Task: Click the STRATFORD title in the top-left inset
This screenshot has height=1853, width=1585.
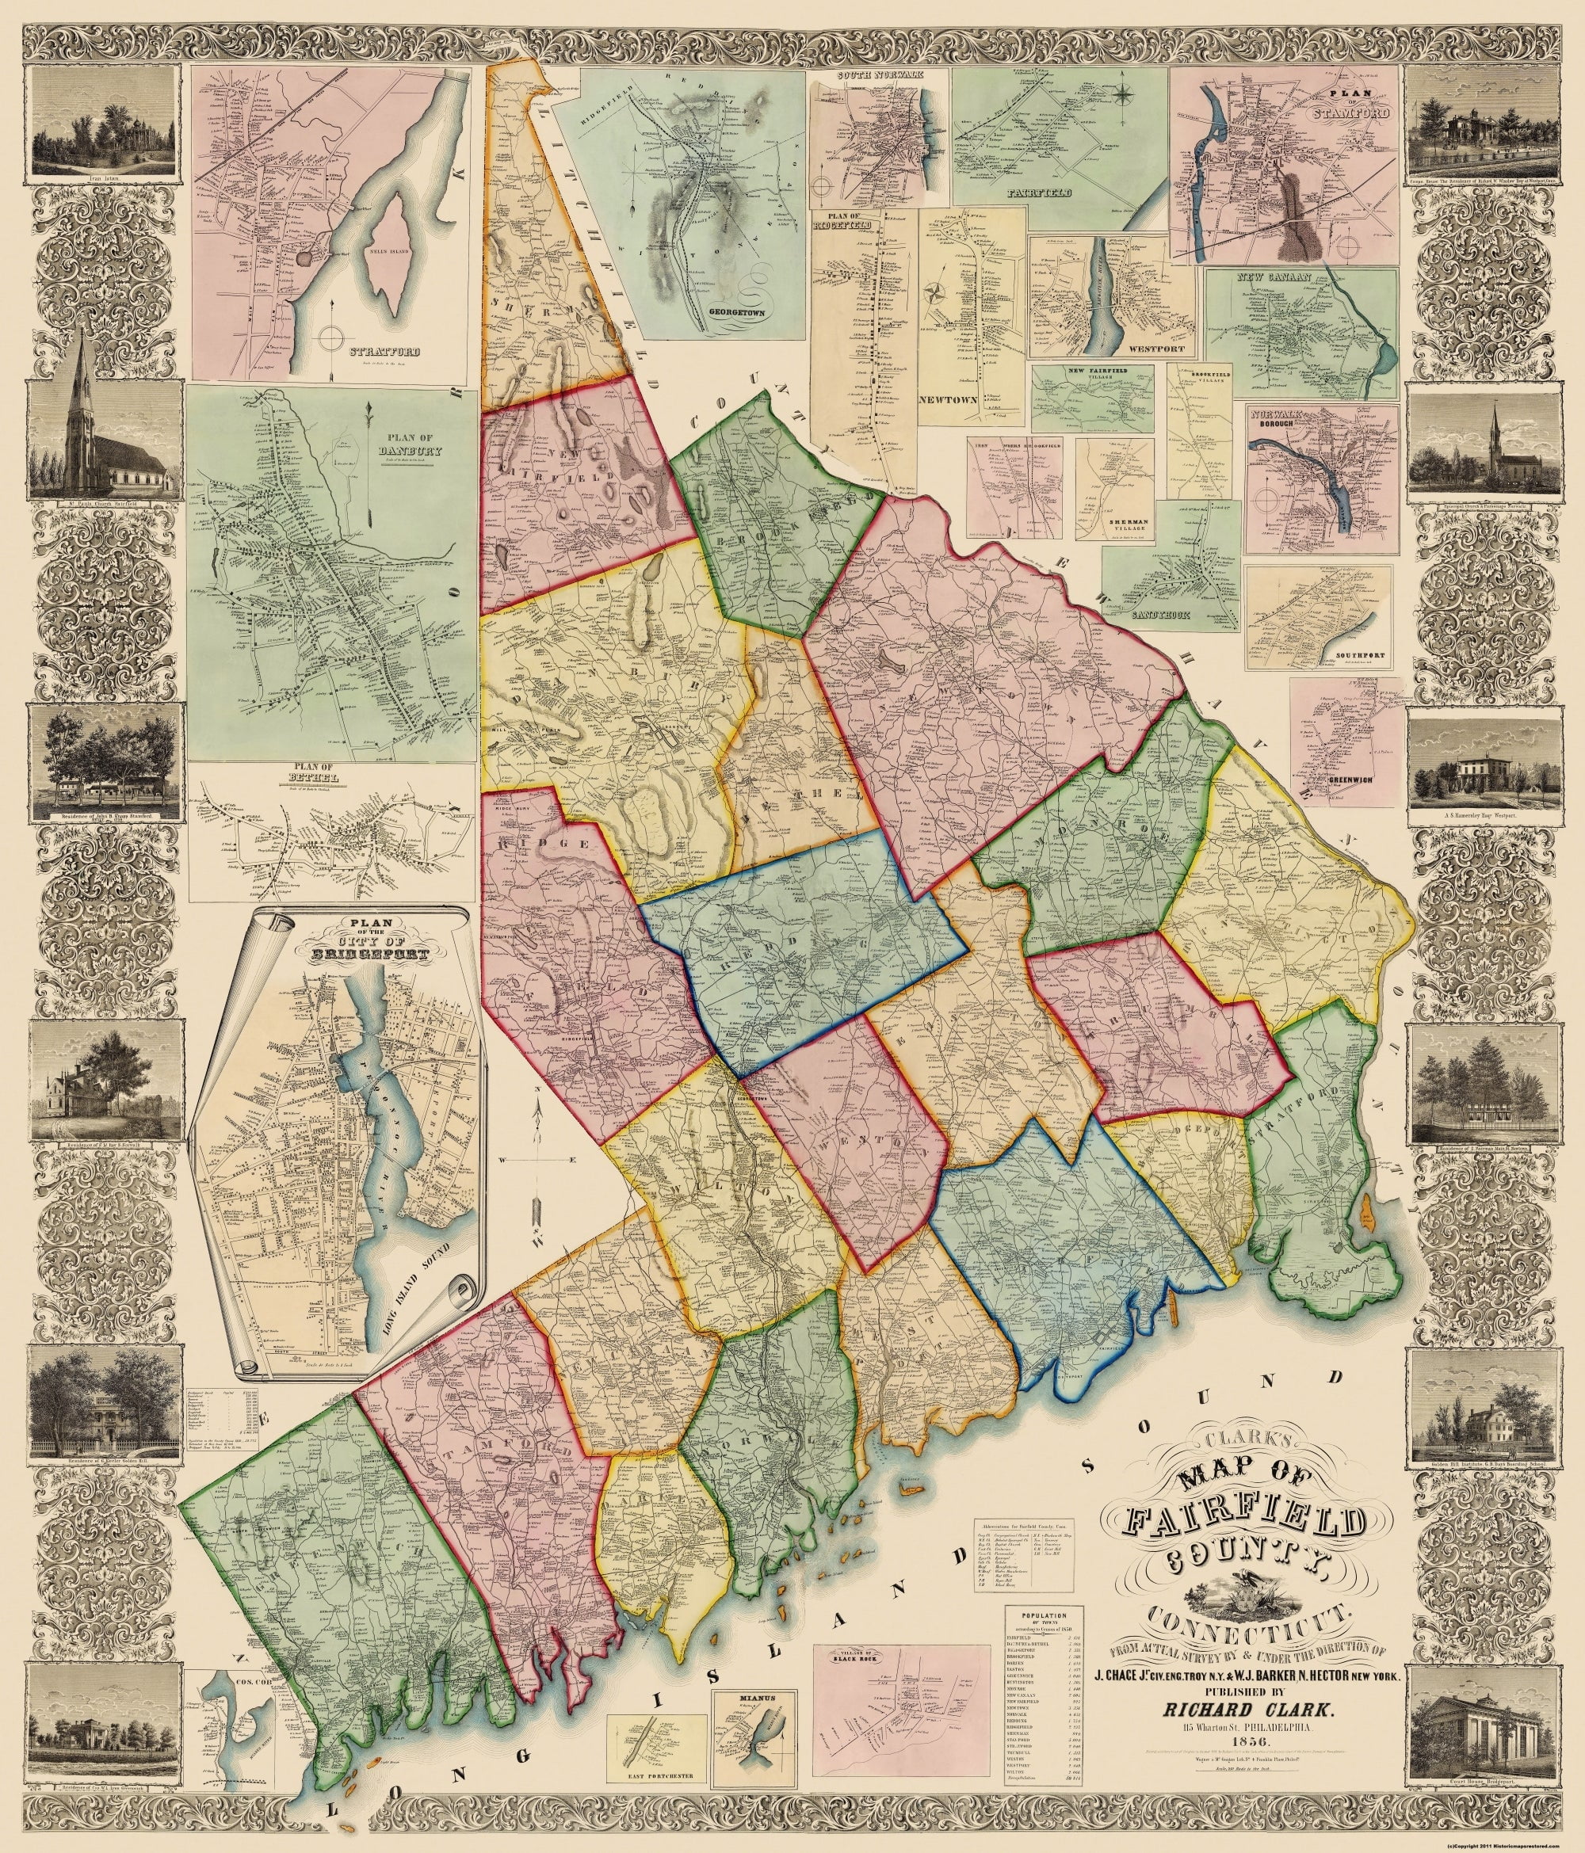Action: [x=372, y=352]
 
